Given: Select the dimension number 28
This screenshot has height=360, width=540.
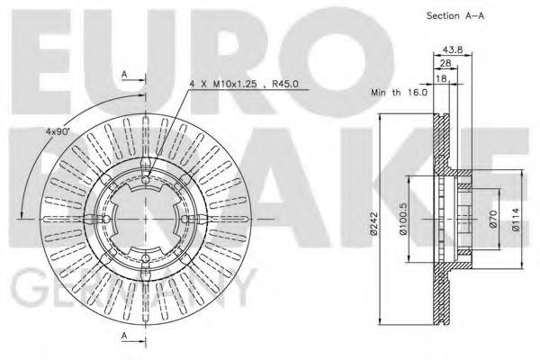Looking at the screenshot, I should coord(445,65).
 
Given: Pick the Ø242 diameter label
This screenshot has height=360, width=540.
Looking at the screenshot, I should coord(384,222).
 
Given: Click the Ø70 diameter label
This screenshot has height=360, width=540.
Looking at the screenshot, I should coord(494,220).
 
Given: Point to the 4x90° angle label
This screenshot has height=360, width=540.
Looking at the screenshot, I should coord(58,132).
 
